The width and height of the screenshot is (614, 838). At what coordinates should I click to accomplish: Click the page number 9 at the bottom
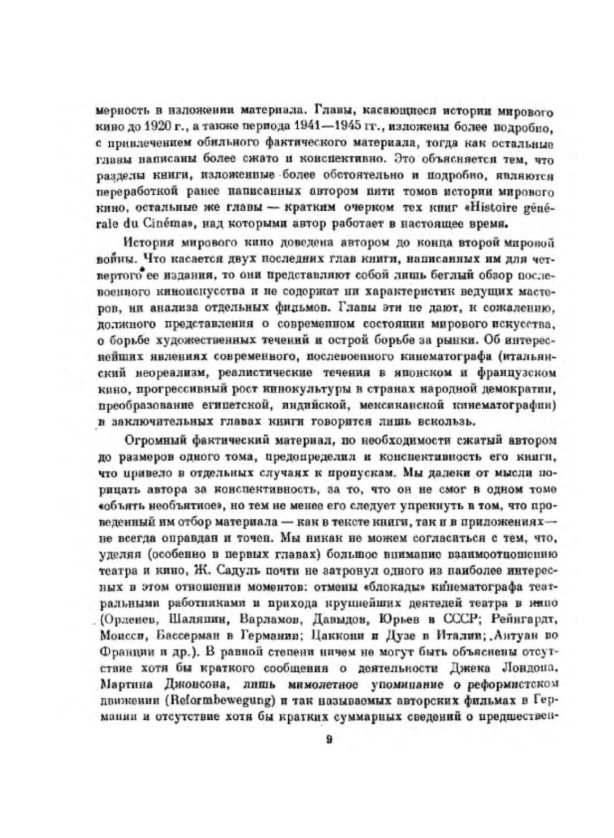[x=328, y=739]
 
